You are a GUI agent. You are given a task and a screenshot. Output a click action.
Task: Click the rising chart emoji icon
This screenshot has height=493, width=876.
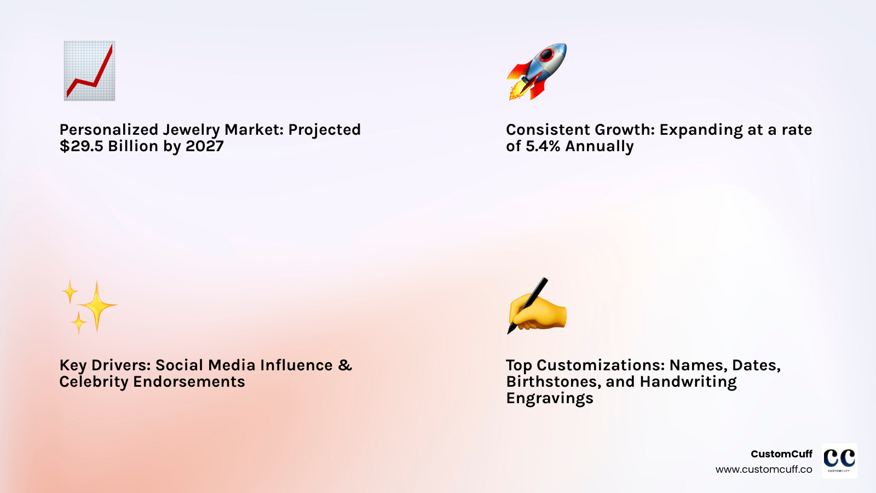[x=89, y=71]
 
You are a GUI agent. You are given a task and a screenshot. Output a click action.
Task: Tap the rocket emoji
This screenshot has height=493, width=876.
[x=537, y=71]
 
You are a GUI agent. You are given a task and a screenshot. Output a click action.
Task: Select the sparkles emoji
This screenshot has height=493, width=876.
[x=89, y=307]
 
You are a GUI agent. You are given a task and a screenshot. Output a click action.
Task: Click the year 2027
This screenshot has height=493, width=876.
[x=204, y=146]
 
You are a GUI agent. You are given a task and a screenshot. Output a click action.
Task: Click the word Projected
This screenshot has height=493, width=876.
[x=325, y=130]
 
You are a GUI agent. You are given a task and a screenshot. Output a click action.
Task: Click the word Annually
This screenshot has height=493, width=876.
[x=600, y=147]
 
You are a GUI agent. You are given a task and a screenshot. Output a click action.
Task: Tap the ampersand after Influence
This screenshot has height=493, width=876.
[x=345, y=365]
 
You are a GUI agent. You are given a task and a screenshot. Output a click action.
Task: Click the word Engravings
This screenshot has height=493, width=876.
[x=550, y=399]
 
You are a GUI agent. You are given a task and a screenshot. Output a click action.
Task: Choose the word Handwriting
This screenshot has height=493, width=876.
[x=688, y=382]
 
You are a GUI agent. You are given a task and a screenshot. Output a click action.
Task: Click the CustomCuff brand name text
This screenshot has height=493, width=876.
[x=781, y=454]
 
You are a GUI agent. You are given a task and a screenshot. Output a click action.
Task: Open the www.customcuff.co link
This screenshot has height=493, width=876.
[x=764, y=469]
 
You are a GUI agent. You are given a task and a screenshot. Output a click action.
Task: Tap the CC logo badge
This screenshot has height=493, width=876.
[x=839, y=461]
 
